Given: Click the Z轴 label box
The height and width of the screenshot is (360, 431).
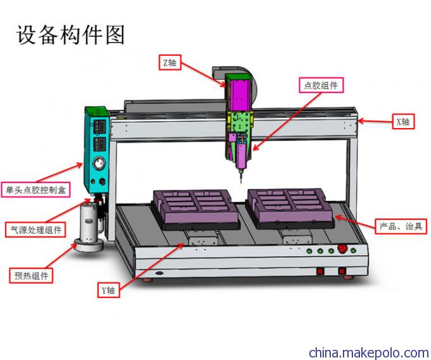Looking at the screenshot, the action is point(170,62).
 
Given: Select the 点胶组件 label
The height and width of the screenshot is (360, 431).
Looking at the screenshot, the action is point(321,85).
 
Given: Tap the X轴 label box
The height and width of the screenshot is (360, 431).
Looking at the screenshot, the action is point(403,122).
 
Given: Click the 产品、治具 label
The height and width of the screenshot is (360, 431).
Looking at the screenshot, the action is point(401,226).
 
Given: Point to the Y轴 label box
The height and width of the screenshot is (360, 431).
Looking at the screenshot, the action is point(108,290).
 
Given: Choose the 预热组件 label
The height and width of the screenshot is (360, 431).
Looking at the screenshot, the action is point(31,275).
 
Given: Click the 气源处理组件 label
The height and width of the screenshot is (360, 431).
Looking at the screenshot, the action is point(35,229).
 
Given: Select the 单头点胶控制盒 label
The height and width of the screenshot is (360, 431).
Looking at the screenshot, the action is point(35,190).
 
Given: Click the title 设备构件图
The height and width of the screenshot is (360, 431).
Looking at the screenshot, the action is point(70,35).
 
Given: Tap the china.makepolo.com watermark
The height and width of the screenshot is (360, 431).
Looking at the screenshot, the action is point(369,352).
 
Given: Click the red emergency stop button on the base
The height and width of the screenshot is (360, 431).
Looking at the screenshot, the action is point(342,249).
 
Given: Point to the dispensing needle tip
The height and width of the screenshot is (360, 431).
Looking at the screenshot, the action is point(241,182).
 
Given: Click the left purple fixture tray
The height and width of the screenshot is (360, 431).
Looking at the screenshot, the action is point(196,209).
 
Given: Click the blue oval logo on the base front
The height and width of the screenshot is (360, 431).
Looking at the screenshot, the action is point(159,273).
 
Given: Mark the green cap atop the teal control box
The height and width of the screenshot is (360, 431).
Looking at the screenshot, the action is point(96,112).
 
